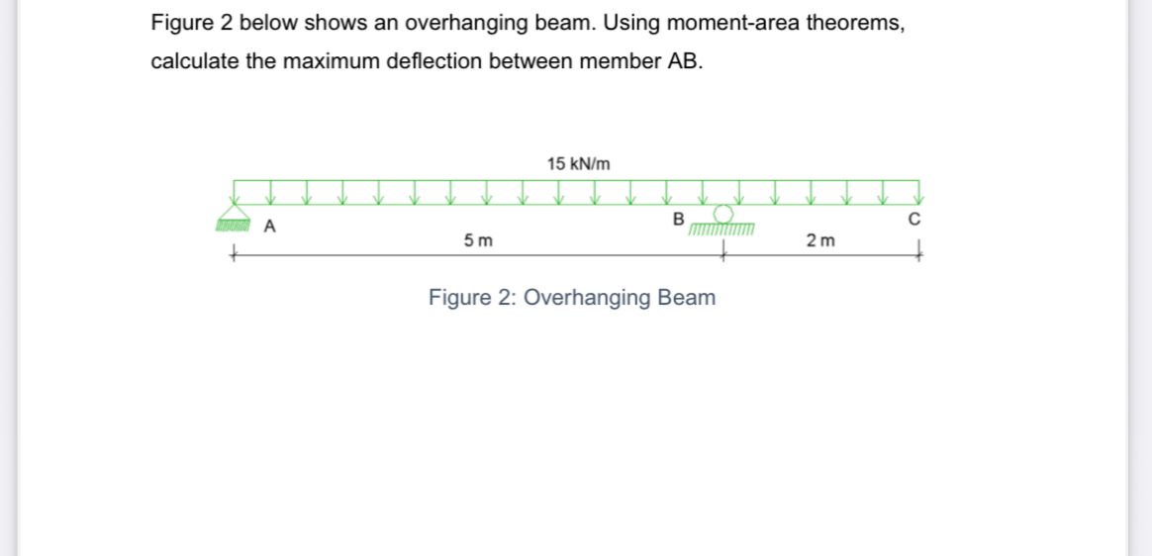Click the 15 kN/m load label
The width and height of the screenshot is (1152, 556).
[x=578, y=163]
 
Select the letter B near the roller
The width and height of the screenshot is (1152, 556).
[x=678, y=219]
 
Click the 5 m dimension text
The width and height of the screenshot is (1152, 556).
[x=480, y=240]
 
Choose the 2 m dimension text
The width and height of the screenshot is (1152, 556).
[x=820, y=240]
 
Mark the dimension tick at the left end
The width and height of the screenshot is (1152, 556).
[x=234, y=254]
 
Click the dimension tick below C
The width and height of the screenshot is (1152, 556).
[x=919, y=254]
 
